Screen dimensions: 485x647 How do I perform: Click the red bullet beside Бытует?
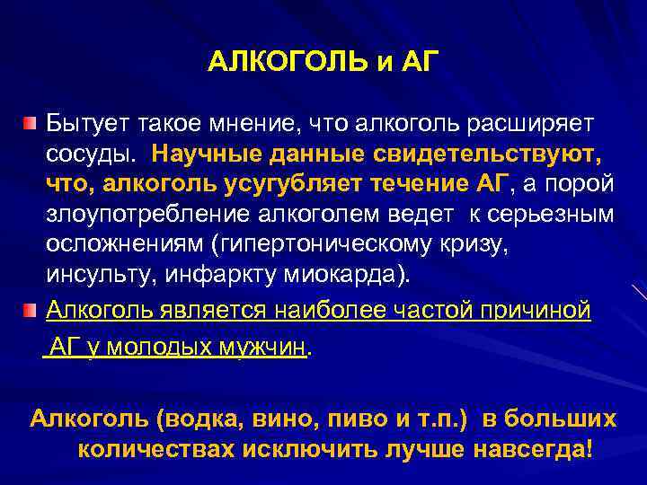(32, 120)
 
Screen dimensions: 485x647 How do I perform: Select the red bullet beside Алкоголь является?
(32, 311)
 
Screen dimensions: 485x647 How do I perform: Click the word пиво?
(343, 419)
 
